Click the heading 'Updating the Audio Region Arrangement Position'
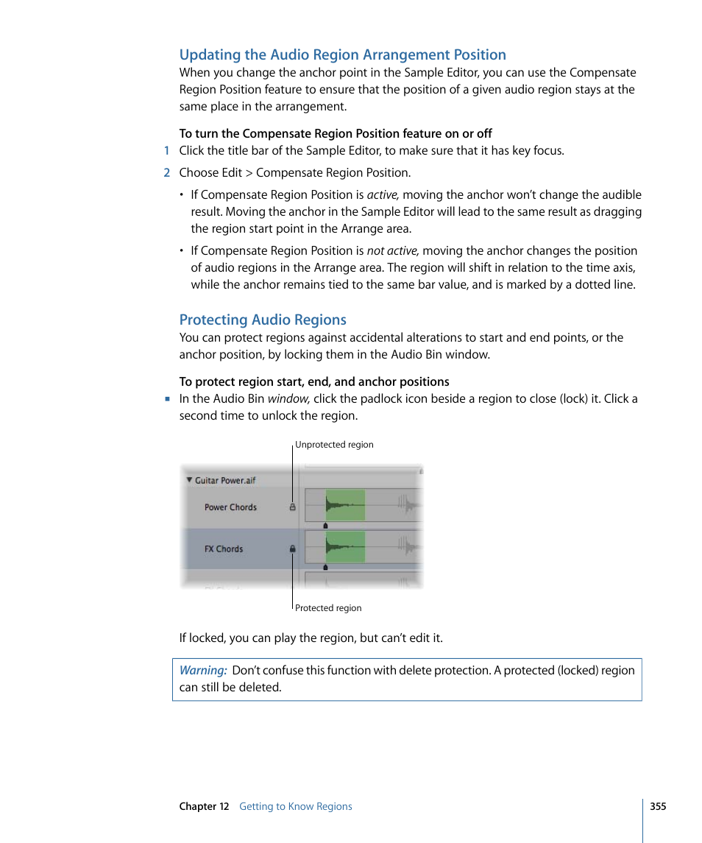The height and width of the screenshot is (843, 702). [x=342, y=54]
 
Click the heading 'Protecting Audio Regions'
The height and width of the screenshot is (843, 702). [x=263, y=320]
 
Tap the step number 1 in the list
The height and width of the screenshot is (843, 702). [x=167, y=151]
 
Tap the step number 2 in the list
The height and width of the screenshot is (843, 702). [x=167, y=173]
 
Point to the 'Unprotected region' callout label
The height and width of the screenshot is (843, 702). [x=334, y=445]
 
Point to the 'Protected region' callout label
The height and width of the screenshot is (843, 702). [x=328, y=608]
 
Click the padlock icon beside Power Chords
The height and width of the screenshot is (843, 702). [x=292, y=507]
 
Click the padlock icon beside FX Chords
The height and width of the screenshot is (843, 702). [x=292, y=549]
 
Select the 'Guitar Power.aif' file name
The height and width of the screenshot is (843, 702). [x=225, y=481]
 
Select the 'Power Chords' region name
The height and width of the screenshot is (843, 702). [x=230, y=507]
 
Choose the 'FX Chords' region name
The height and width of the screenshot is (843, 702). [x=224, y=549]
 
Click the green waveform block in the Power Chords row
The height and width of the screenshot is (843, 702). [x=345, y=505]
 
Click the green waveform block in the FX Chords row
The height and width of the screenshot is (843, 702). [x=345, y=547]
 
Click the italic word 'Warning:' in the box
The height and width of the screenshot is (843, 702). [x=203, y=671]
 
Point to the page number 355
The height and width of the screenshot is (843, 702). [x=658, y=806]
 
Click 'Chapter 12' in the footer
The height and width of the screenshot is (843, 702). [x=204, y=807]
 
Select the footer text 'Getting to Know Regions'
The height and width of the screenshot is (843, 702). [x=296, y=807]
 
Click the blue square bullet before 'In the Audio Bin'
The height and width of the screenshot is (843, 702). [x=167, y=398]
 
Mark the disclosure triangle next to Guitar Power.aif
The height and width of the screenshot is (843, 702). [x=189, y=480]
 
